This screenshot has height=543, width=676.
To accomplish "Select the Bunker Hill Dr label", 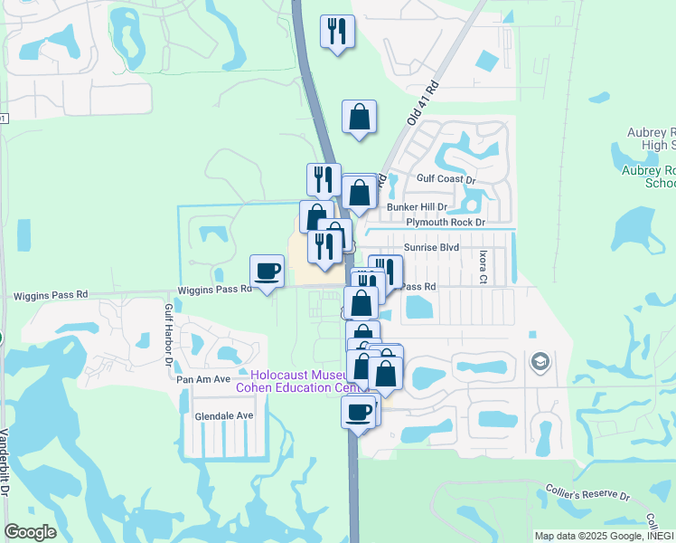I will click(417, 207).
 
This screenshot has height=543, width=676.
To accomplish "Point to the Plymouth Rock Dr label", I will click(445, 222).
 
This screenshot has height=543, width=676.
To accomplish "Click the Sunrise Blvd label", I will click(432, 246).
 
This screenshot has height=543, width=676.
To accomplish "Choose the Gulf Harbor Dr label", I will click(168, 335).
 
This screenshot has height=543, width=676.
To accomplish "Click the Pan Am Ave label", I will click(203, 379).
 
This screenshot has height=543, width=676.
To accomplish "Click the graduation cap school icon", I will click(540, 362).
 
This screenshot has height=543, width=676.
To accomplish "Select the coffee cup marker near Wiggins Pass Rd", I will click(267, 271).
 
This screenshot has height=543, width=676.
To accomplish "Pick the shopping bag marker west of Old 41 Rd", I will click(359, 117).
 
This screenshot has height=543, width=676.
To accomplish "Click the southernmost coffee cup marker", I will click(359, 412).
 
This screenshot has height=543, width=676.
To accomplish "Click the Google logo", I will click(30, 532).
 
